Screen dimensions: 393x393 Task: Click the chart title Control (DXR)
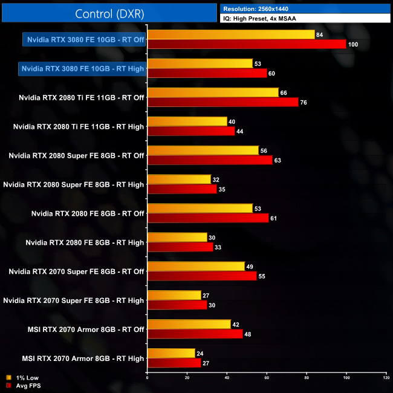[108, 13]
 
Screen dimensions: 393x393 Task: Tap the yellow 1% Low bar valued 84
[231, 34]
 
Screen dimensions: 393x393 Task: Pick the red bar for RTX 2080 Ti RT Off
[223, 102]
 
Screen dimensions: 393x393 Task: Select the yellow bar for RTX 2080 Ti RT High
[187, 122]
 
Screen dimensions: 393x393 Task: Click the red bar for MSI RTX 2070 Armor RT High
[174, 363]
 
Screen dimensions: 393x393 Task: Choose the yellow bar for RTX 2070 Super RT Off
[196, 266]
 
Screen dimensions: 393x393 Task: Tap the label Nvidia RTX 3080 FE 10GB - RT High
[82, 68]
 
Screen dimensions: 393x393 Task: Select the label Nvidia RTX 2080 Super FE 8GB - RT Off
[76, 155]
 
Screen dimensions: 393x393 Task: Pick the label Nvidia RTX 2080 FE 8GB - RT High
[85, 242]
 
